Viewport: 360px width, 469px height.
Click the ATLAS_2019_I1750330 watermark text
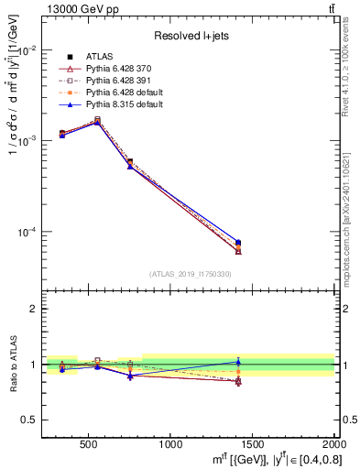point(190,274)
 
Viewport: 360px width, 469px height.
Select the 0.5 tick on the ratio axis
point(28,420)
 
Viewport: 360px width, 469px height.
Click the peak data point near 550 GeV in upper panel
point(98,120)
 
